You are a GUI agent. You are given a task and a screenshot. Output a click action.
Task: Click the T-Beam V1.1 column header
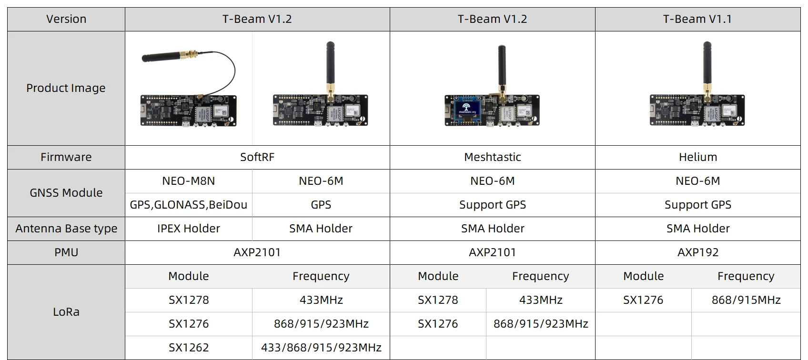coord(697,19)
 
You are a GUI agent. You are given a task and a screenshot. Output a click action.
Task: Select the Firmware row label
coord(66,157)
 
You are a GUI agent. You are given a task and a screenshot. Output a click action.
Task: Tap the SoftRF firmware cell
coord(257,157)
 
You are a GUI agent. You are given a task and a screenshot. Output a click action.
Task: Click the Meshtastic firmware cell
coord(492,157)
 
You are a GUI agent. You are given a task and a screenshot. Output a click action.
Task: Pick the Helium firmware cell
coord(697,157)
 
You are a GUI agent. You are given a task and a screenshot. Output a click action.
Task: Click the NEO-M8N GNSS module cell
coord(188,181)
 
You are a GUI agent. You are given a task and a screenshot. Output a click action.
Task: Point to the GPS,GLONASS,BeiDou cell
coord(188,205)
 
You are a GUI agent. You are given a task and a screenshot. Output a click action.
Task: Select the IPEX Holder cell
coord(188,229)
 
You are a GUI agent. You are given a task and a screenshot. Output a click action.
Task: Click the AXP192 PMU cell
coord(697,252)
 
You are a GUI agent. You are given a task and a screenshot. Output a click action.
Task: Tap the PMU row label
coord(66,252)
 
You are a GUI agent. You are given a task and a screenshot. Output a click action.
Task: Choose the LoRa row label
coord(66,312)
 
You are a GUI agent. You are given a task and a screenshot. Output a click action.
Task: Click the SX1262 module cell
coord(188,348)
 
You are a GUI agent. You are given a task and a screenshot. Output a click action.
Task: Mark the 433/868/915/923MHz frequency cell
coord(321,348)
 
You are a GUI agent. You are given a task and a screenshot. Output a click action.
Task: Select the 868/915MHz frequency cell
coord(746,300)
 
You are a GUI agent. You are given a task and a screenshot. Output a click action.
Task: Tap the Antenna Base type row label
coord(66,229)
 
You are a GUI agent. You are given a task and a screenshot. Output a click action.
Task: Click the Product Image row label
coord(66,88)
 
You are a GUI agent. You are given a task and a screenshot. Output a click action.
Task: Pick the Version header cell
coord(66,19)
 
